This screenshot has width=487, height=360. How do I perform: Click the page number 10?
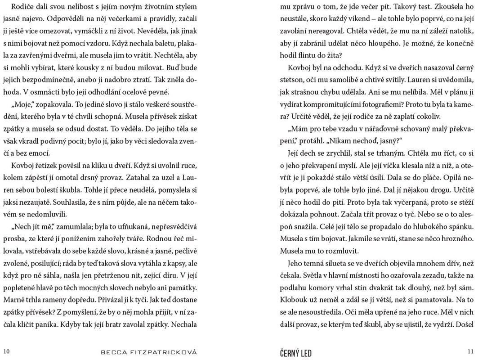(6, 351)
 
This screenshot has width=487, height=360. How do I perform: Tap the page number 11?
(471, 351)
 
